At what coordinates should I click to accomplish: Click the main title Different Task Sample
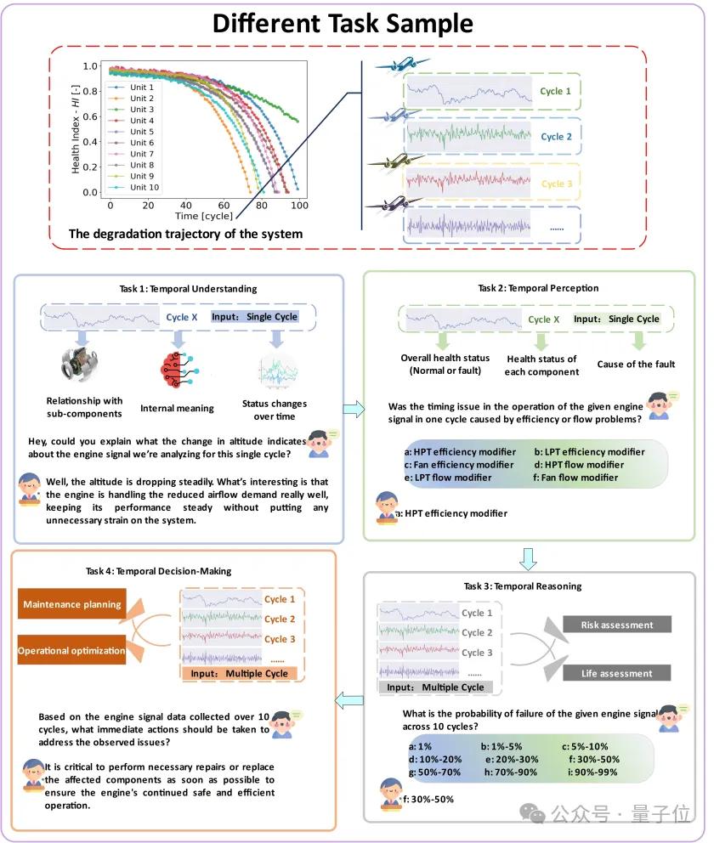(x=354, y=23)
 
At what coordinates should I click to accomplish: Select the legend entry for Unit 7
(x=142, y=154)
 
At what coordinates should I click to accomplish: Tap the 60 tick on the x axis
(x=224, y=206)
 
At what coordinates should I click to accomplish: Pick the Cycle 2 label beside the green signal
(x=556, y=137)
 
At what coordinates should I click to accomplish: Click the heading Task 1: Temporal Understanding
(x=178, y=288)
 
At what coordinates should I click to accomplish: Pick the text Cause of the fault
(x=637, y=365)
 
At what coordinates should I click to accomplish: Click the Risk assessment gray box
(x=617, y=625)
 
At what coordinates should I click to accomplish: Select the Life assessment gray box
(x=617, y=674)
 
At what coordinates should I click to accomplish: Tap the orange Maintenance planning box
(x=71, y=605)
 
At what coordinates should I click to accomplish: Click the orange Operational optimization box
(x=71, y=651)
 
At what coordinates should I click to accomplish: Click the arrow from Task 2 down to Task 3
(x=528, y=557)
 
